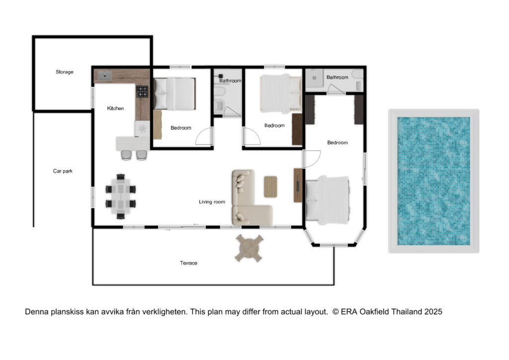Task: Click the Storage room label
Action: tap(64, 72)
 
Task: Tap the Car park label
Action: tap(63, 171)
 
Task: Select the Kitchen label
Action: tap(115, 108)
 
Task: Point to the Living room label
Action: tap(212, 202)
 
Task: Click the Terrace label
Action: tap(188, 263)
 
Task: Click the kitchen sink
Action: tap(105, 76)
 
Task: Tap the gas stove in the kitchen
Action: tap(142, 91)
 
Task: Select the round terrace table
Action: tap(249, 248)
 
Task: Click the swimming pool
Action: tap(433, 181)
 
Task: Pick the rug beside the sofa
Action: tap(270, 186)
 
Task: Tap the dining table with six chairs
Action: tap(120, 196)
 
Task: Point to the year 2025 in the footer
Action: tap(433, 312)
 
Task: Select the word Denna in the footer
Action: tap(37, 312)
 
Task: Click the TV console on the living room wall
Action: tap(298, 185)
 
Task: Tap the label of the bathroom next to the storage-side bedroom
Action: tap(230, 81)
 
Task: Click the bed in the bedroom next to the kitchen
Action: tap(174, 93)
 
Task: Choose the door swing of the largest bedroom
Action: tap(312, 159)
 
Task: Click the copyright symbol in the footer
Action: tap(336, 312)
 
